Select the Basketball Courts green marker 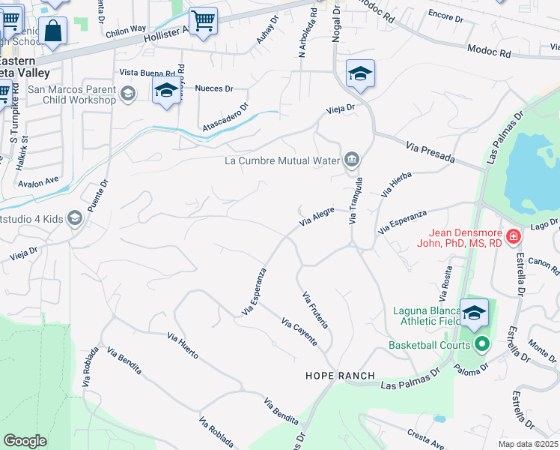click(x=482, y=345)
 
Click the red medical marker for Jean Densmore click(x=514, y=238)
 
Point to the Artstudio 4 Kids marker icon click(x=74, y=218)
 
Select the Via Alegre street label click(x=317, y=218)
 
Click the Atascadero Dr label click(x=224, y=116)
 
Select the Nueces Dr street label click(x=210, y=88)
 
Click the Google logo click(x=25, y=441)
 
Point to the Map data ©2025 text click(x=528, y=445)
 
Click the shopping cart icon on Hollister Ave click(x=202, y=21)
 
